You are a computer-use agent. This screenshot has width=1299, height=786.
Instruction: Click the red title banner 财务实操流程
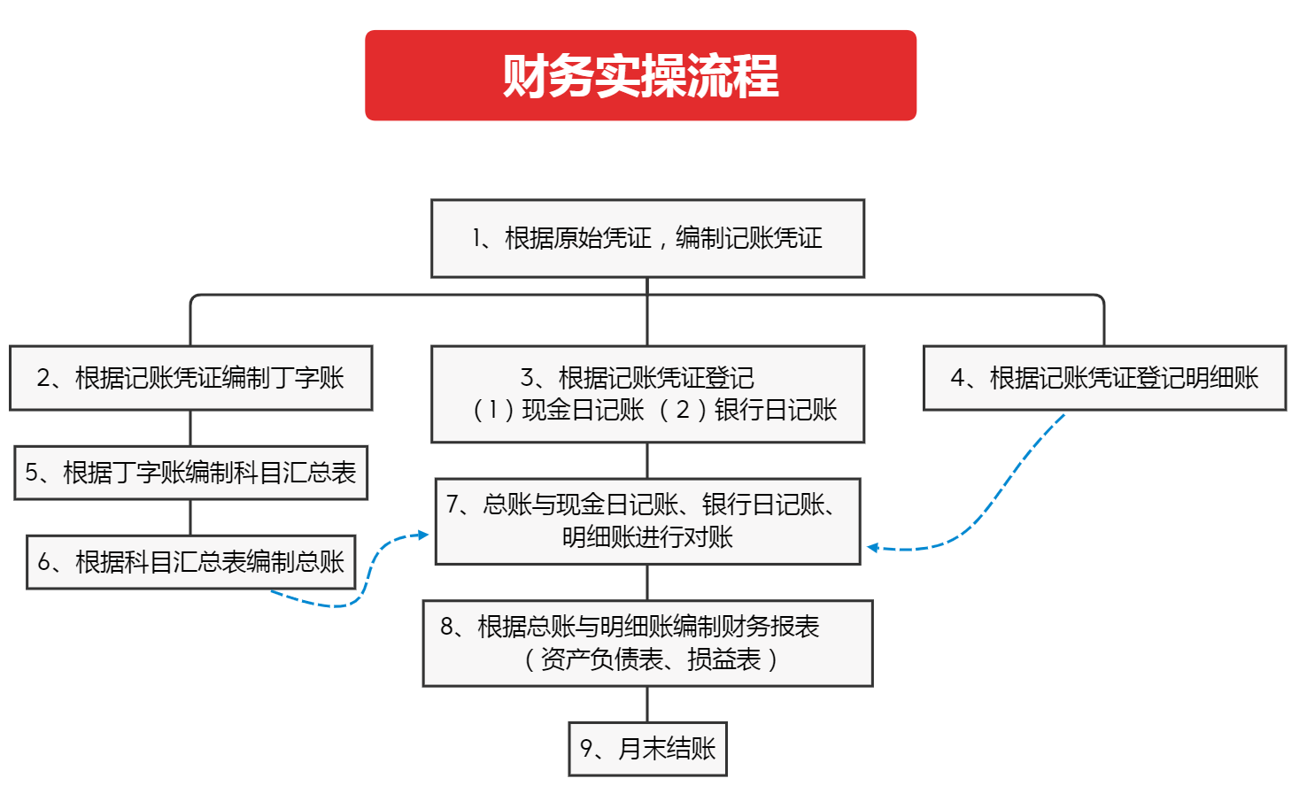point(640,75)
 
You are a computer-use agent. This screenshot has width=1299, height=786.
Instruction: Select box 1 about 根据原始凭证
point(647,238)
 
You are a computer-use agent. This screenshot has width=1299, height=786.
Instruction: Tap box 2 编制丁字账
point(190,378)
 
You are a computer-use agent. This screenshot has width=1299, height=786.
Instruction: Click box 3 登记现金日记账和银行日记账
point(647,394)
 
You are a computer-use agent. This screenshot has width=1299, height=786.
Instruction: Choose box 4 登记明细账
point(1104,378)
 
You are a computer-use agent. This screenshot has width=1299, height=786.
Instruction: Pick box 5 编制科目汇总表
point(190,473)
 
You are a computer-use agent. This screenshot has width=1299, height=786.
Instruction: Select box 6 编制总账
point(190,562)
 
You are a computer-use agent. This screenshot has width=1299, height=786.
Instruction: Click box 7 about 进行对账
point(647,520)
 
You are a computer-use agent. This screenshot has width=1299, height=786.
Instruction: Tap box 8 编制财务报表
point(647,643)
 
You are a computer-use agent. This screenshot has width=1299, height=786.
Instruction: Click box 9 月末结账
point(647,749)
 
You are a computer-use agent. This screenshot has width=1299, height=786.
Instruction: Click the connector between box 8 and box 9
point(647,705)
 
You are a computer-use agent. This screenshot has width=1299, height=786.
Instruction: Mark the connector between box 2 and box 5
point(190,428)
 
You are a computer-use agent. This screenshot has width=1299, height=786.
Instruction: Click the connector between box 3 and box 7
point(647,460)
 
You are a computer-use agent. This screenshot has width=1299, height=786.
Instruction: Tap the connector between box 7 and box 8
point(647,582)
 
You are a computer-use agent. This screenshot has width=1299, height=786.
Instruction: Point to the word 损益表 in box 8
point(724,659)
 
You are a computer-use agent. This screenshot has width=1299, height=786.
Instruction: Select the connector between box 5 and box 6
point(190,518)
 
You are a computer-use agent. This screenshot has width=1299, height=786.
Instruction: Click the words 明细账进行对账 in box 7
point(647,537)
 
